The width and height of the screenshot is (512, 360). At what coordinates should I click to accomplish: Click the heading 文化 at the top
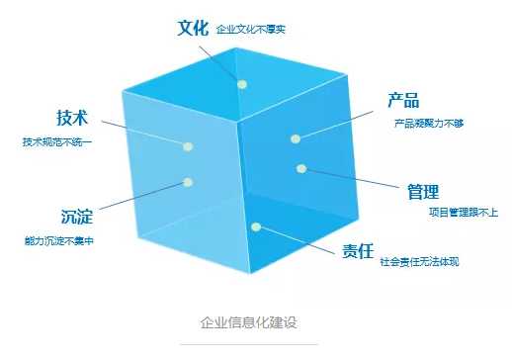(193, 28)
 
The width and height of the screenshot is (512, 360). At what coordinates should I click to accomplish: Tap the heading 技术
(72, 118)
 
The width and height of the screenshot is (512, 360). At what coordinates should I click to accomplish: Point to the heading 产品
(402, 100)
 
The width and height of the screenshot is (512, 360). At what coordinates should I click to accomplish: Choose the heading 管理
(422, 190)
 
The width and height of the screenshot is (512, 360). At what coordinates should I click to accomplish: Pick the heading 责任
(358, 249)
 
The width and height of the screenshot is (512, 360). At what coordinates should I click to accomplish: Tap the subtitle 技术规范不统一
(56, 142)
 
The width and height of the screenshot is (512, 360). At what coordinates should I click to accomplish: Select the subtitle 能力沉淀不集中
(58, 239)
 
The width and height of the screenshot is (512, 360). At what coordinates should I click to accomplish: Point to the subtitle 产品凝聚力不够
(428, 124)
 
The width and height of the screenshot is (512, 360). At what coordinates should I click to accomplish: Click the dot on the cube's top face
(242, 84)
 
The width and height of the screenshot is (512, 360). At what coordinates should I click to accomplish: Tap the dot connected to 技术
(188, 145)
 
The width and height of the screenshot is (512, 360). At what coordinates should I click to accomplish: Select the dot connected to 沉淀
(188, 182)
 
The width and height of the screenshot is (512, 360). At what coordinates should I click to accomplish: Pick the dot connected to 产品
(295, 137)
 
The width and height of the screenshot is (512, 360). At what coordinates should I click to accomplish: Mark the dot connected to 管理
(300, 168)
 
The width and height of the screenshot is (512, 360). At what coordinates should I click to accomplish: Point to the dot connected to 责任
(256, 227)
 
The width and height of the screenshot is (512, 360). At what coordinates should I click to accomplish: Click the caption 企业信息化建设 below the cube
(248, 322)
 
